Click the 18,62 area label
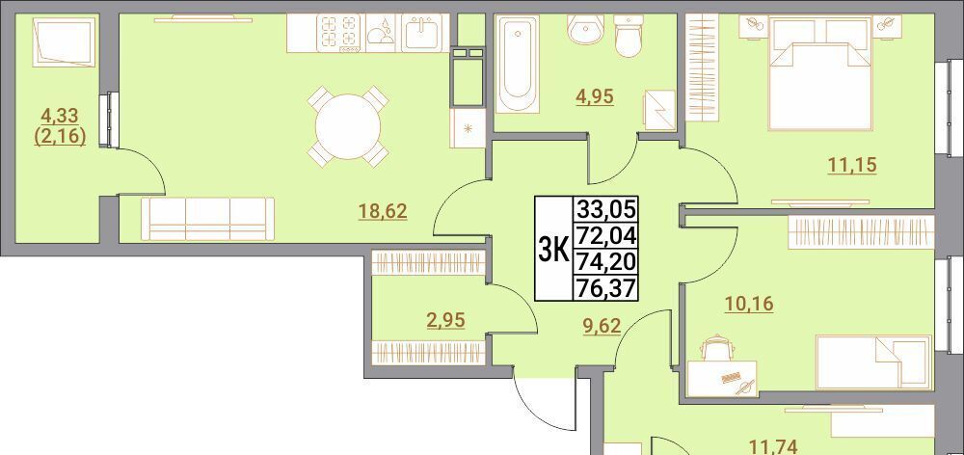tap(383, 212)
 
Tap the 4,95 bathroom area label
tap(595, 96)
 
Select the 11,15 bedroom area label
tap(851, 165)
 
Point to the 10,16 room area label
tap(749, 304)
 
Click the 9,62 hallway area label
tap(602, 325)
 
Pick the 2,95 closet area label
tap(445, 320)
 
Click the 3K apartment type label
tap(552, 249)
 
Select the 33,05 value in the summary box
tap(605, 209)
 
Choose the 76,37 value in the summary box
tap(605, 288)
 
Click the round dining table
tap(348, 127)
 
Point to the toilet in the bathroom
tap(629, 36)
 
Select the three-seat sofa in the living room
tap(208, 219)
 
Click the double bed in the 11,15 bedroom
tap(820, 74)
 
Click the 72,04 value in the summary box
tap(605, 235)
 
